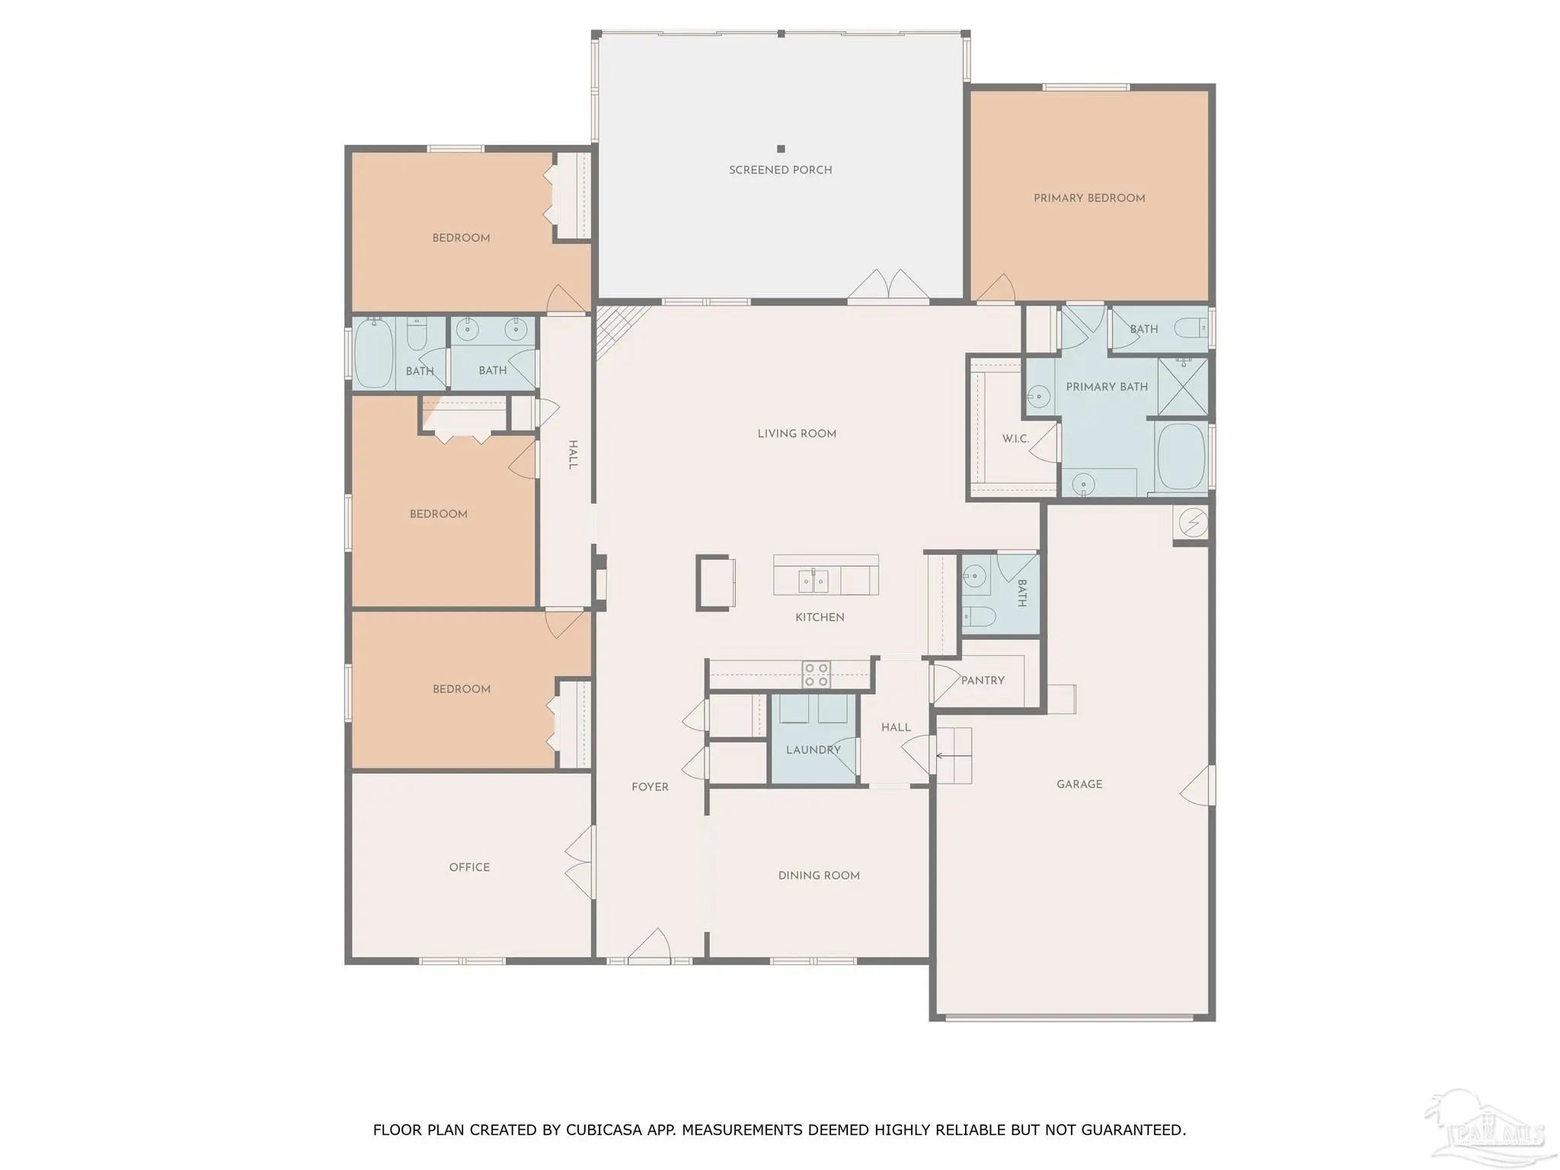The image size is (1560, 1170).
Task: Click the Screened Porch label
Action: click(x=780, y=170)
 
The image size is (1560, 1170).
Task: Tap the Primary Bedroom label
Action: click(x=1089, y=198)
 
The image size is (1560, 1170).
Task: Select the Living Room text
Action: click(x=797, y=433)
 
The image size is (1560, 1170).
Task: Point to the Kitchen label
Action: click(x=820, y=617)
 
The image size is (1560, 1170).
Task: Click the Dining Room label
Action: click(x=819, y=875)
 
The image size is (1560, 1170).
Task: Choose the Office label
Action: click(x=469, y=867)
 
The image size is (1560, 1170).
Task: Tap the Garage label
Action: click(x=1079, y=784)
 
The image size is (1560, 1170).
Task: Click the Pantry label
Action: click(x=983, y=680)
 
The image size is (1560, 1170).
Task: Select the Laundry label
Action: click(x=814, y=750)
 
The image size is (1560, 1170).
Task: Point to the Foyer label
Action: click(x=650, y=787)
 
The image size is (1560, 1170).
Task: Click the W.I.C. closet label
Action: click(x=1015, y=439)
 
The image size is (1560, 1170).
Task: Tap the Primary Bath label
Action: click(x=1107, y=387)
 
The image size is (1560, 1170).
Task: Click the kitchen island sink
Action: click(x=814, y=581)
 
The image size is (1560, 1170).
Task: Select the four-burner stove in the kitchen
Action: click(x=816, y=674)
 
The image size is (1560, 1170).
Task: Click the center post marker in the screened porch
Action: click(x=781, y=149)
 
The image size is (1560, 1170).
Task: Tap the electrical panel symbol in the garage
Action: click(x=1193, y=523)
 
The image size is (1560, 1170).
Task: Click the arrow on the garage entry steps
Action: click(x=954, y=756)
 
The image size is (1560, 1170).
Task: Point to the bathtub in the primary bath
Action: click(x=1181, y=457)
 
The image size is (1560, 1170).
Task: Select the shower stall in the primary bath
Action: click(x=1182, y=386)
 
